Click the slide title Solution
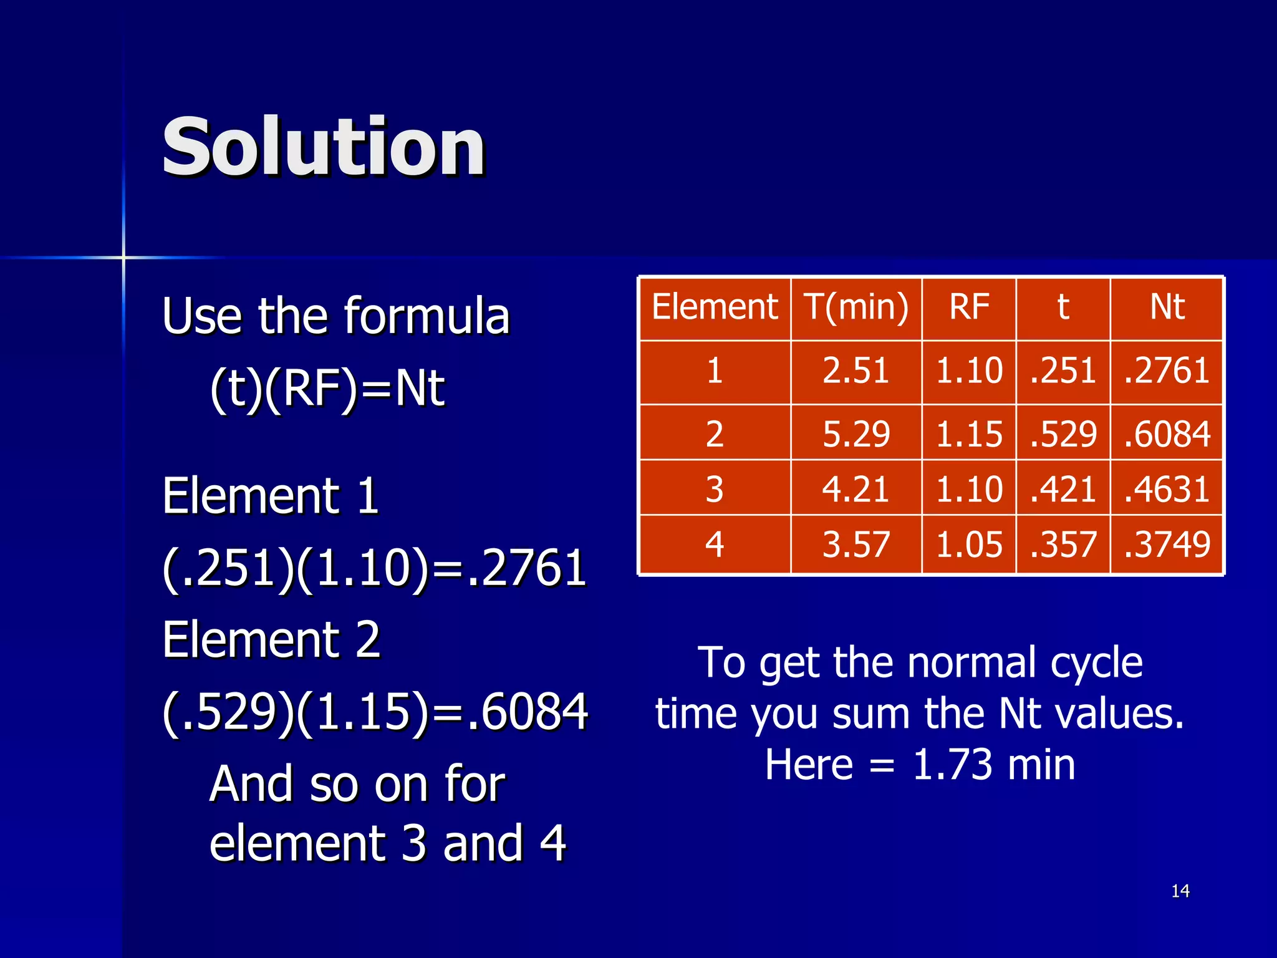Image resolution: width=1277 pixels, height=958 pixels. [323, 147]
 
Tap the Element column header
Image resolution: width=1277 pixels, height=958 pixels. [715, 307]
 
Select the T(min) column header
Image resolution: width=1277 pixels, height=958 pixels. [856, 307]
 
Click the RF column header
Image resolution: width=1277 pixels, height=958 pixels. [969, 307]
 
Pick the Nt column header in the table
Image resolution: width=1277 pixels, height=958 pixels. [1167, 307]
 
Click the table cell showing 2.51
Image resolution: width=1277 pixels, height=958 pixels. [855, 370]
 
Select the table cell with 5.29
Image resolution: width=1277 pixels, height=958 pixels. [855, 434]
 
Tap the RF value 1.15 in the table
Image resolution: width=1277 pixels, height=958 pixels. [969, 434]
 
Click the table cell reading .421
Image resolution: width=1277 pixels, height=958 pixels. [1063, 489]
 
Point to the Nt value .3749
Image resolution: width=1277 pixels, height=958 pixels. [1167, 544]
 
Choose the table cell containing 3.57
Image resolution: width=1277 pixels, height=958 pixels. [855, 544]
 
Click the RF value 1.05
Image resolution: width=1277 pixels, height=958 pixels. [969, 544]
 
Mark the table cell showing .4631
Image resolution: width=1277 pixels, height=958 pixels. [1167, 489]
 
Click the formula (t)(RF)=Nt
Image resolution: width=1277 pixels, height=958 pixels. [327, 388]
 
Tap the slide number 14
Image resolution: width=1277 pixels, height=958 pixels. [1180, 891]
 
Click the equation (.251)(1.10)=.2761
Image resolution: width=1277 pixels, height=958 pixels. [374, 568]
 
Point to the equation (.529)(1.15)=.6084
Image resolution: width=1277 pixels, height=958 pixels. [375, 712]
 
